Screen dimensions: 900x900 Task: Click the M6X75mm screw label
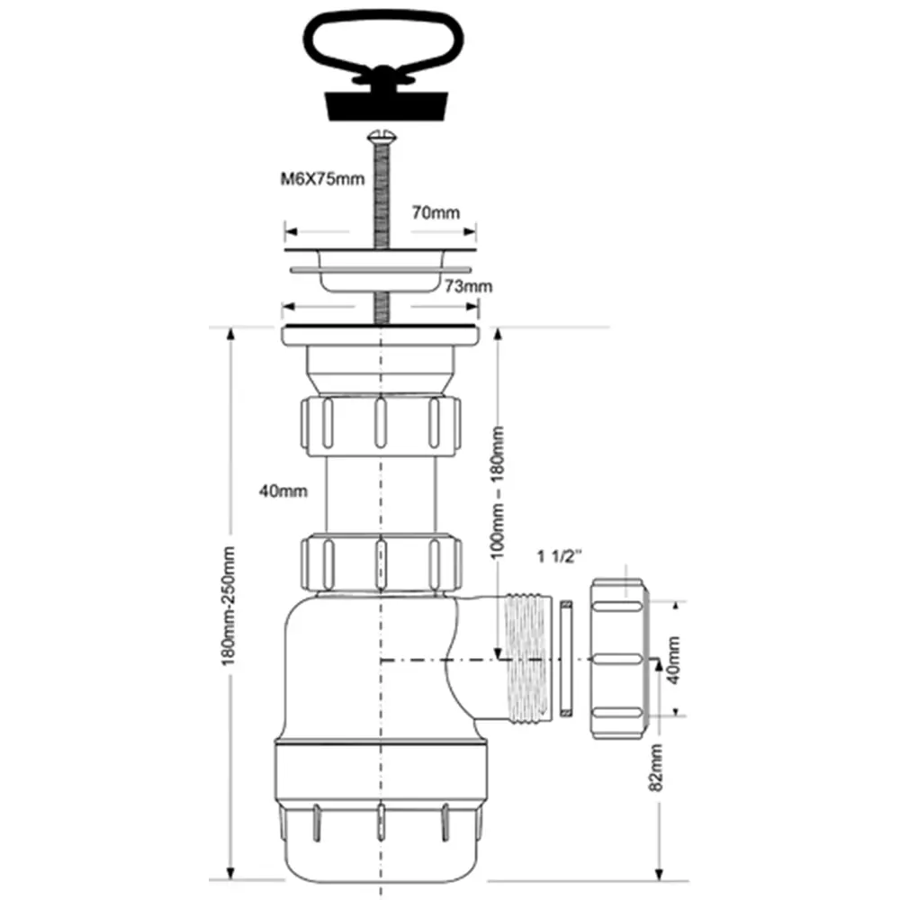pos(322,179)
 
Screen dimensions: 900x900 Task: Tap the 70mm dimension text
pos(436,213)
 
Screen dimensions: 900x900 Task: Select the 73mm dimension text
pos(468,286)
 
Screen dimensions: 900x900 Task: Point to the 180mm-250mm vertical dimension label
pos(229,606)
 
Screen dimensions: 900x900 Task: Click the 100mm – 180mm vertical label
pos(498,492)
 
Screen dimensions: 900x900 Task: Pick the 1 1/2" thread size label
pos(560,556)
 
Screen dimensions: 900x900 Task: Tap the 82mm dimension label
pos(655,768)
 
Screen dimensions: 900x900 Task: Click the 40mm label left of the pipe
pos(283,491)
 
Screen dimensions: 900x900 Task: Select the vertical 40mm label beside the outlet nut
pos(673,660)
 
